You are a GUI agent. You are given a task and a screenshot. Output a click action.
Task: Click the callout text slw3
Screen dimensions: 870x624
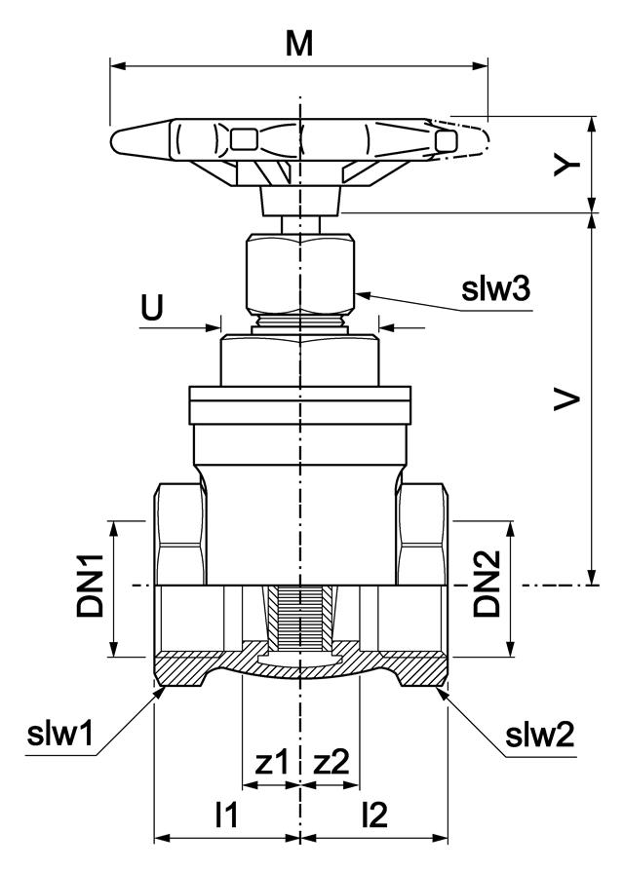coord(496,289)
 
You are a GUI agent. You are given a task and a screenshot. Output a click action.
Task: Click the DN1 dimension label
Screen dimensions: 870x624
coord(93,590)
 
